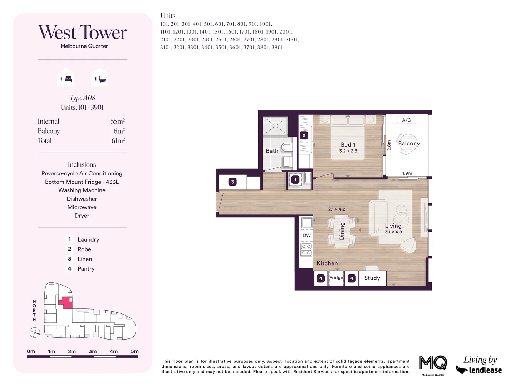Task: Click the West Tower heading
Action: click(82, 33)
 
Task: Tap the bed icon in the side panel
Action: click(68, 79)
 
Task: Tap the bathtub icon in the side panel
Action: click(102, 79)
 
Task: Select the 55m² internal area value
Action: click(118, 122)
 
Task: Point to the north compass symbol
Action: click(35, 333)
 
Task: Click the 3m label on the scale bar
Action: click(93, 351)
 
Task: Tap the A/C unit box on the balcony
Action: click(407, 120)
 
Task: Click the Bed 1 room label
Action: click(348, 145)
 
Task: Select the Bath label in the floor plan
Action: click(272, 151)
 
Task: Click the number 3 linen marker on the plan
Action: click(232, 182)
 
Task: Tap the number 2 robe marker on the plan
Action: click(304, 135)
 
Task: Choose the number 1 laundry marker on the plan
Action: click(295, 180)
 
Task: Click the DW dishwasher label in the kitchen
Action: click(307, 236)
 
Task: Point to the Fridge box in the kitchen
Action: click(336, 278)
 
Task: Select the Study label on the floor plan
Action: click(372, 278)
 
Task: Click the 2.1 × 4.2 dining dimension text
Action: click(337, 209)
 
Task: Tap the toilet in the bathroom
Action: click(286, 147)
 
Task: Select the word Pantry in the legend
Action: click(86, 269)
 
